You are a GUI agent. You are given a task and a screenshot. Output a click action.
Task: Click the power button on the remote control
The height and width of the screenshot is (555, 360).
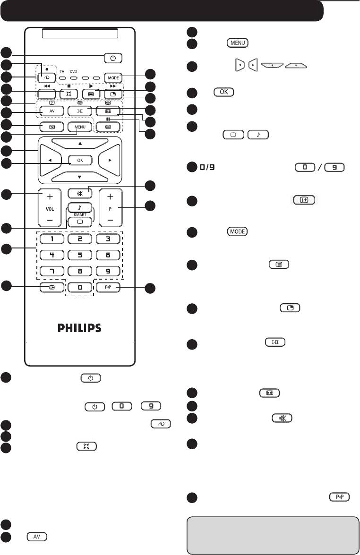point(112,59)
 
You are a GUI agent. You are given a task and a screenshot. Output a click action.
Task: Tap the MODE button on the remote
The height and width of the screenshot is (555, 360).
point(113,78)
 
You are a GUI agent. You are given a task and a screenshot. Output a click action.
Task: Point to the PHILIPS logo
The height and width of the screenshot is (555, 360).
point(79,328)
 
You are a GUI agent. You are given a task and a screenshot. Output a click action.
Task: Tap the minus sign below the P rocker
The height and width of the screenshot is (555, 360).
point(110,221)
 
